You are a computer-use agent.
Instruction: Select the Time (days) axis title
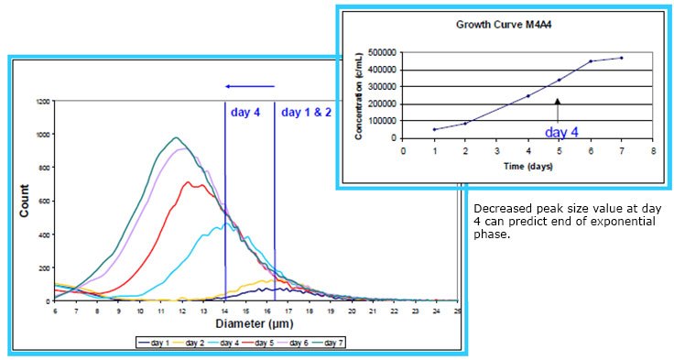point(527,167)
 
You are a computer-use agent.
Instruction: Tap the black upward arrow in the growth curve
point(558,108)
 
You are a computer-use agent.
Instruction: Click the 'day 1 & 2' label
point(307,113)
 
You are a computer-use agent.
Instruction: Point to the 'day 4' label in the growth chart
point(562,132)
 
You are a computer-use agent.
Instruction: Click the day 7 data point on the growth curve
point(621,58)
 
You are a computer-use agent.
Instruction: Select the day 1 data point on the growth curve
point(434,129)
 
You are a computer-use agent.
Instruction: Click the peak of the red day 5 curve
point(189,181)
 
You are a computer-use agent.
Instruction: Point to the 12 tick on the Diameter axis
point(182,311)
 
